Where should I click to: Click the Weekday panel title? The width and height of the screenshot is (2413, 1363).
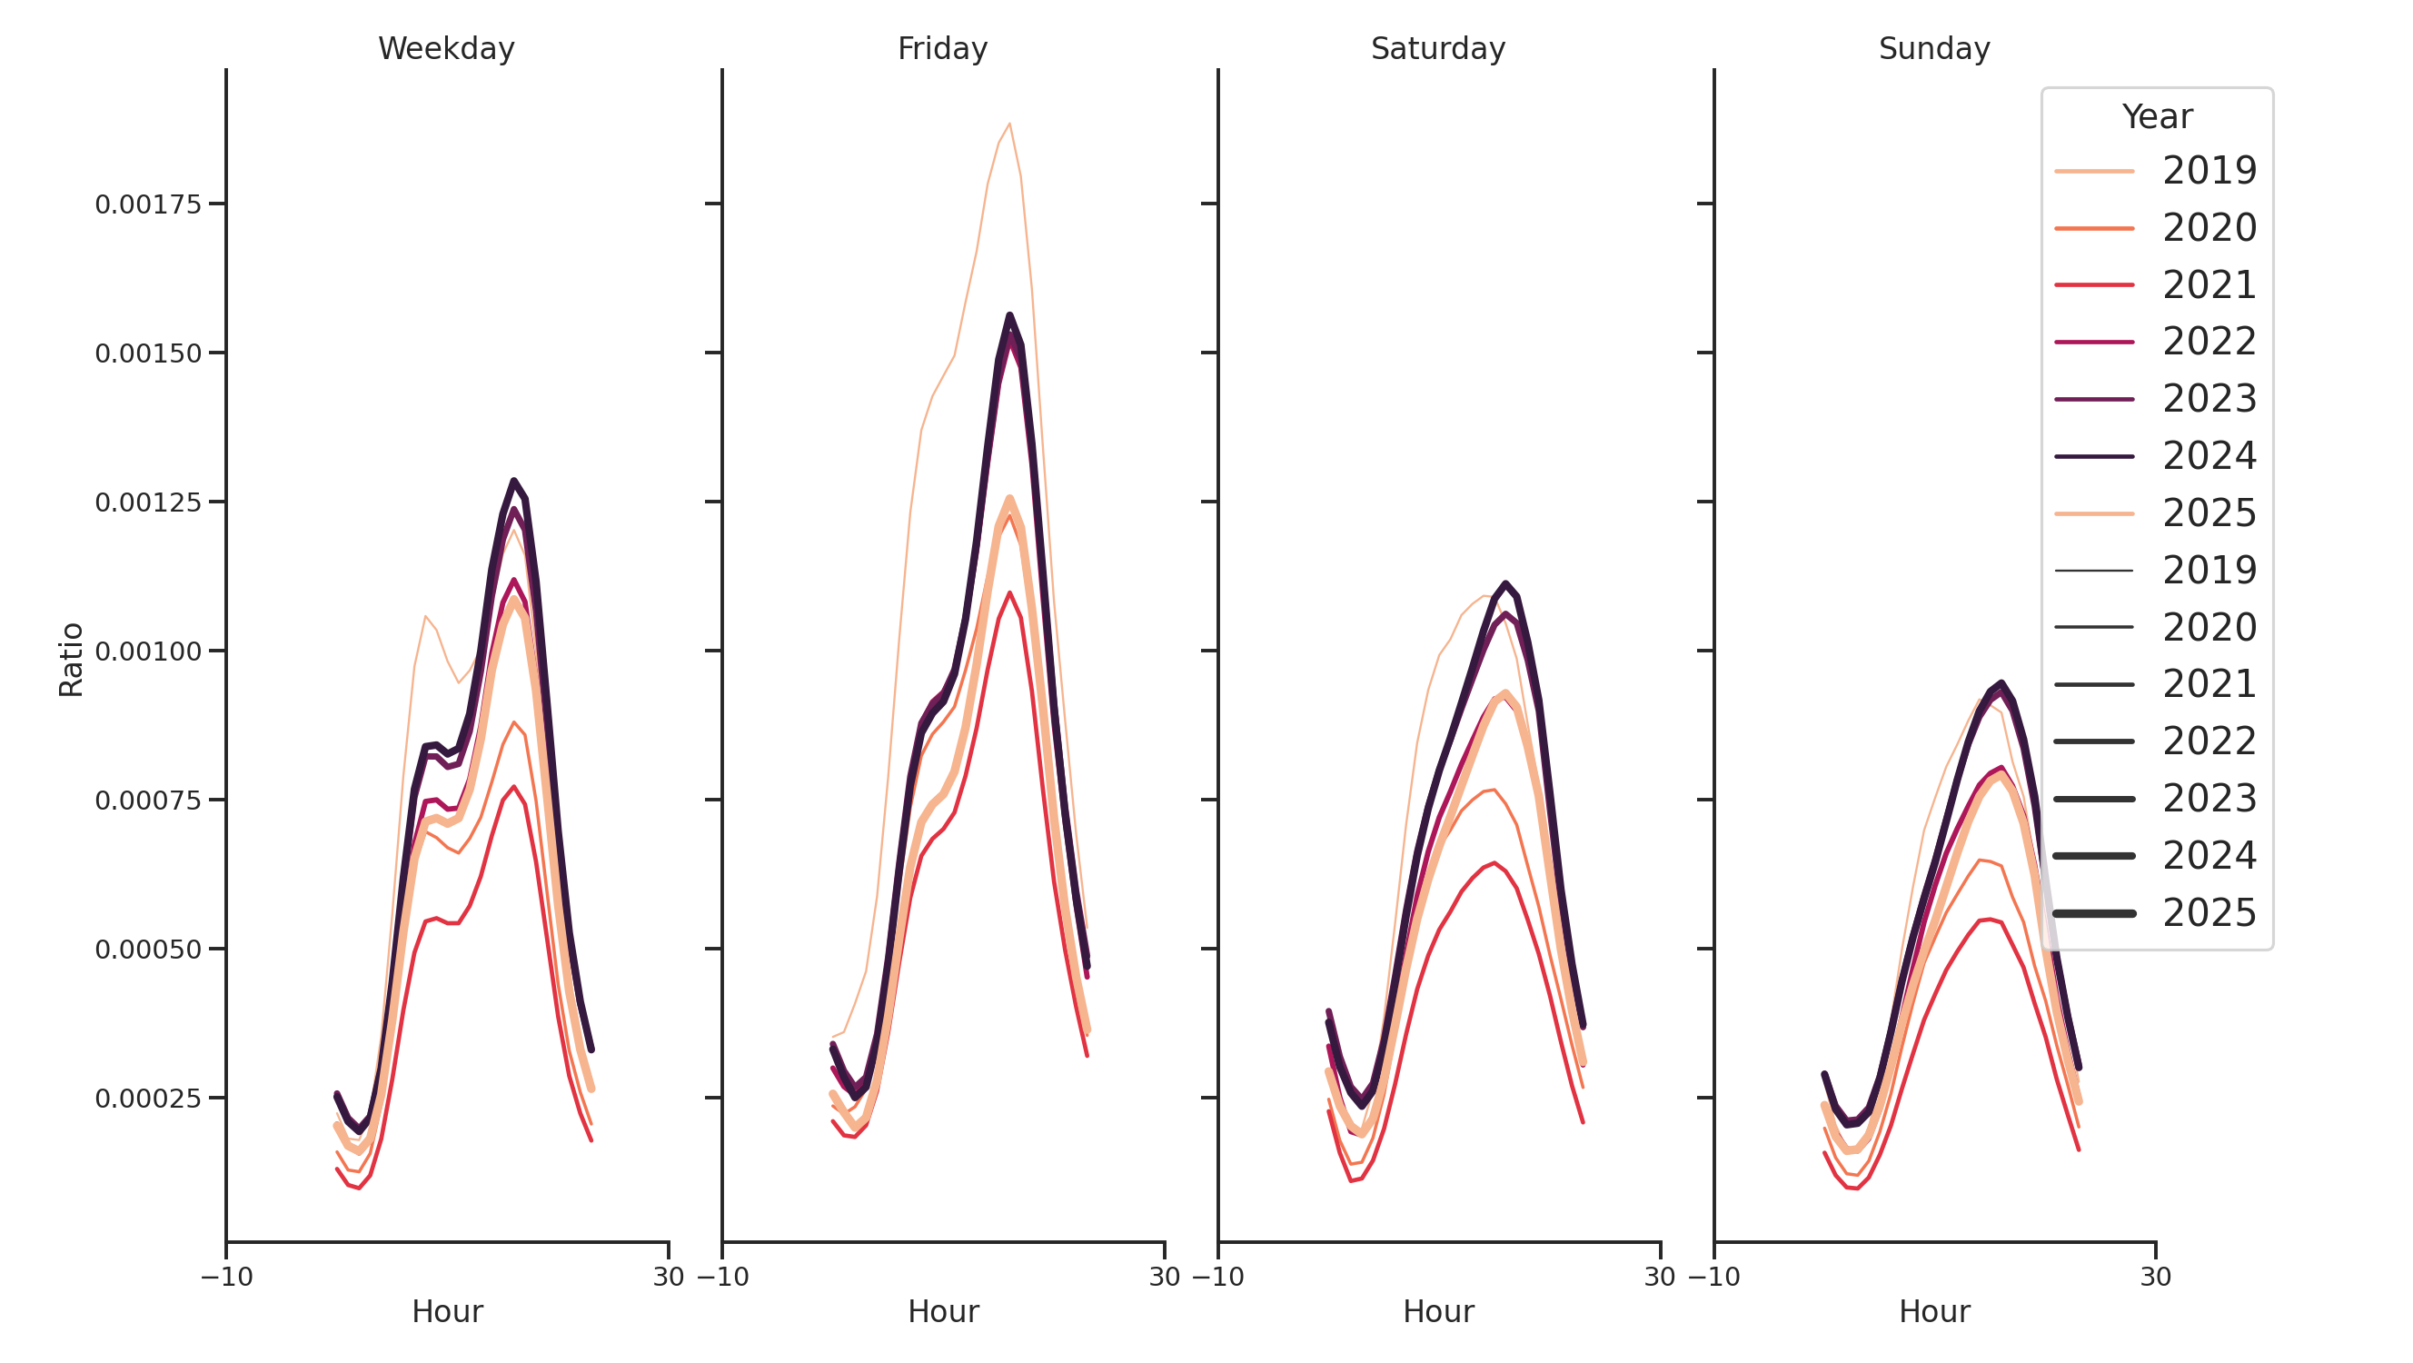[446, 49]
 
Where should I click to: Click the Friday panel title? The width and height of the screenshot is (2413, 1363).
[942, 49]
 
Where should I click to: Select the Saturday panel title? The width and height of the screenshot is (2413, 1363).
[1438, 49]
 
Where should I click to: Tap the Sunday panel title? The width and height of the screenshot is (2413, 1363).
[1934, 49]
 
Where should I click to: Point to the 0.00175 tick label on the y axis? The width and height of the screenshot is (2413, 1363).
[148, 205]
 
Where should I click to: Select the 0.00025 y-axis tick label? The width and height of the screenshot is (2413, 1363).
[148, 1099]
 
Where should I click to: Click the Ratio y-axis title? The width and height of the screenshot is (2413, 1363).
[71, 660]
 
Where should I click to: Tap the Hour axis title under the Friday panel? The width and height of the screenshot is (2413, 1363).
[942, 1311]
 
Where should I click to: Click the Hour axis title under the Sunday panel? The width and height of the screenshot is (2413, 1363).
[1934, 1311]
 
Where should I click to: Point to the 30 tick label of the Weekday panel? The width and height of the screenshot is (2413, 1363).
[668, 1277]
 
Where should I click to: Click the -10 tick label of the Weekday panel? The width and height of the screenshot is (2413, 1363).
[227, 1277]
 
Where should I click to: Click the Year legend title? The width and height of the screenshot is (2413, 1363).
[2156, 117]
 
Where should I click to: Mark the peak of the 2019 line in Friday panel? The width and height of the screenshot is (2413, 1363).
[1008, 124]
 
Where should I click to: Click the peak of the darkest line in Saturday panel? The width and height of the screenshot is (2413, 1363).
[1505, 583]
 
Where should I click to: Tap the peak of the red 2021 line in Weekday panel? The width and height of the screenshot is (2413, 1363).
[513, 787]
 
